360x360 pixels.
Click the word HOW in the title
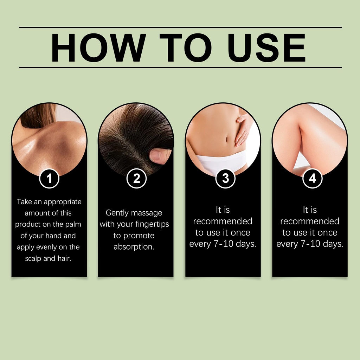click(98, 47)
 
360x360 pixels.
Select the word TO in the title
click(186, 47)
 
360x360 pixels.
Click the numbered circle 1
click(49, 178)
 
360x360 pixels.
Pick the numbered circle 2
click(136, 178)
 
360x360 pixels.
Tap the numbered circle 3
click(225, 178)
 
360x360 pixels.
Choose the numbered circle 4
click(312, 178)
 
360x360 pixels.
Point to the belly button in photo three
click(227, 139)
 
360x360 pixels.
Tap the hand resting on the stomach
click(243, 130)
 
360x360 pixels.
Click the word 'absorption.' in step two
click(134, 247)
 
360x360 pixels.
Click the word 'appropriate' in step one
click(63, 202)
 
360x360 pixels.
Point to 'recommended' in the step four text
click(310, 221)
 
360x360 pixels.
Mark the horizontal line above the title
click(180, 27)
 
